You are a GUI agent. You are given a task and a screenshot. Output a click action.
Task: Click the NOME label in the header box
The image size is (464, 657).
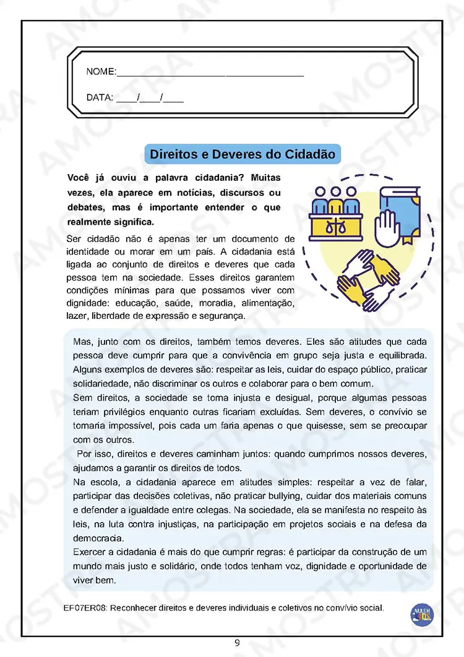(x=100, y=72)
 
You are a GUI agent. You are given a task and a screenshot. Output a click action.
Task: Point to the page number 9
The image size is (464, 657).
(x=237, y=643)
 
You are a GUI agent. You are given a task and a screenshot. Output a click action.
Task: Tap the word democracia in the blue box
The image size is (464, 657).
(x=98, y=537)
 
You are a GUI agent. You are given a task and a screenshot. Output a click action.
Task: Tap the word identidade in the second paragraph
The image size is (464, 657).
(x=87, y=252)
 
